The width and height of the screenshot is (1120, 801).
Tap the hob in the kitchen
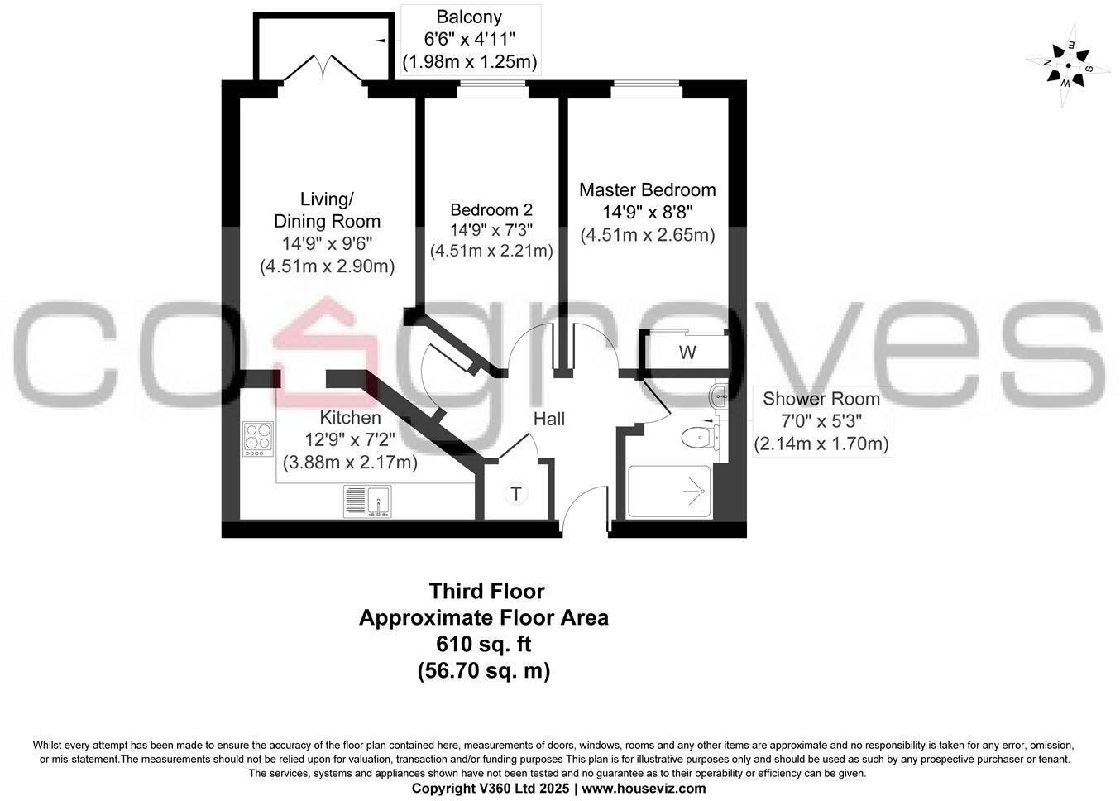click(258, 439)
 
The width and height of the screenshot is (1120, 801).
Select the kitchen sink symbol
click(367, 501)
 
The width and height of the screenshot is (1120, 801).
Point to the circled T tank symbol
click(516, 494)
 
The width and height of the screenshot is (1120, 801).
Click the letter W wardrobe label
click(687, 353)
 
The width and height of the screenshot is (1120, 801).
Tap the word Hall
click(549, 419)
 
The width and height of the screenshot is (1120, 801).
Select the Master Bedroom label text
click(647, 190)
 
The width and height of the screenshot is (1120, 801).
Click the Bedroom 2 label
click(491, 210)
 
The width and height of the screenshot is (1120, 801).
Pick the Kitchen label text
click(351, 418)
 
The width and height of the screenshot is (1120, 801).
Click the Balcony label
click(469, 17)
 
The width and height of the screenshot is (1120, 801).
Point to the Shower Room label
click(821, 399)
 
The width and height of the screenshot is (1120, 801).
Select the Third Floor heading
click(486, 591)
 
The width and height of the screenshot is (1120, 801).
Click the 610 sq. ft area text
click(484, 644)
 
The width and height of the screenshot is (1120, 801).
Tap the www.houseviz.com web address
click(644, 789)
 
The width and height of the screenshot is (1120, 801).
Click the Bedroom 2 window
click(492, 85)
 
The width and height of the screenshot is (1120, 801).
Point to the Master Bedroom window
click(647, 85)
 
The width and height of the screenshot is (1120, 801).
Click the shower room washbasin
click(717, 397)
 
